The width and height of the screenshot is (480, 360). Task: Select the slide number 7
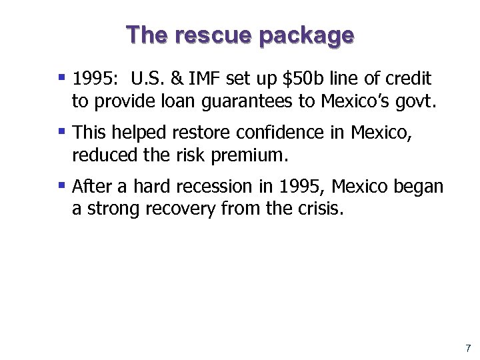(x=468, y=348)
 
